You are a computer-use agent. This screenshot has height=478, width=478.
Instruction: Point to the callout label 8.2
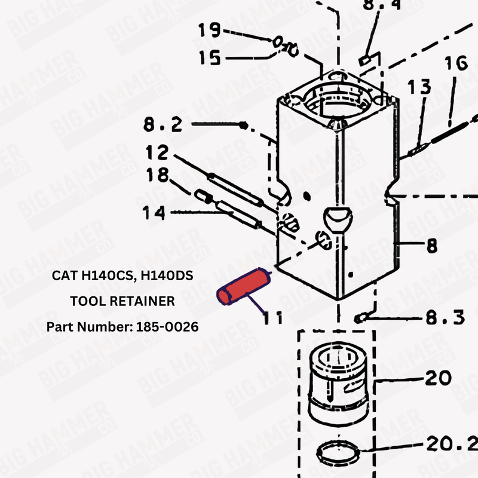[x=163, y=125]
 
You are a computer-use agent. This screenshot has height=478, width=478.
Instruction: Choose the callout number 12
[x=157, y=153]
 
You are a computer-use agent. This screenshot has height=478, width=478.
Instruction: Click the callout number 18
[x=158, y=176]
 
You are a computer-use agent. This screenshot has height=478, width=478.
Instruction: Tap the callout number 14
[x=155, y=212]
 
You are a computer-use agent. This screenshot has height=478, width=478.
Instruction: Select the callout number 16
[x=455, y=64]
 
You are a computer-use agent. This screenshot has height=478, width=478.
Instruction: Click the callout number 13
[x=419, y=88]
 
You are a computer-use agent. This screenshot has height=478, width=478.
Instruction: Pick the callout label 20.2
[x=451, y=445]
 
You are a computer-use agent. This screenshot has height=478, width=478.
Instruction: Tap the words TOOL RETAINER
[x=122, y=302]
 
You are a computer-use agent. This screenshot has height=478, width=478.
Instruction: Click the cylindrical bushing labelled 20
[x=337, y=382]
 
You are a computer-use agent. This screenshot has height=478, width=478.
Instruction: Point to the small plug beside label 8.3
[x=359, y=318]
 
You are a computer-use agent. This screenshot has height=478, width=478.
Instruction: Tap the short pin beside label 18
[x=201, y=195]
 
